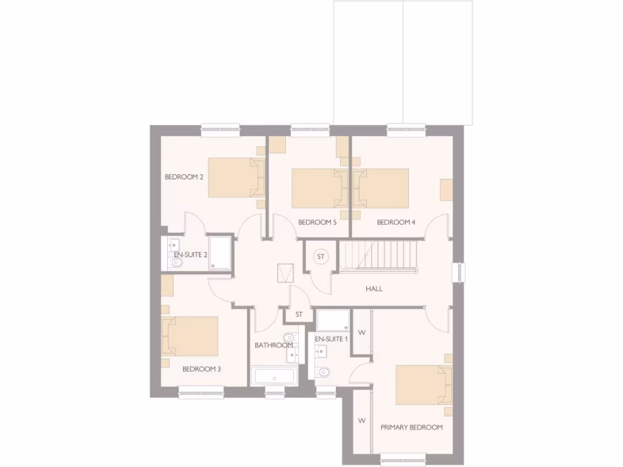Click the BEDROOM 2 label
pos(184,177)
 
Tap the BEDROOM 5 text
pos(317,223)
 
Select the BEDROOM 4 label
pos(396,223)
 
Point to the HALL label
pos(374,289)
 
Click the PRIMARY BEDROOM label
pos(411,427)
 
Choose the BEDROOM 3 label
pos(201,369)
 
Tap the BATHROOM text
pos(273,345)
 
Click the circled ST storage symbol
pos(321,257)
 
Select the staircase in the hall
pos(379,254)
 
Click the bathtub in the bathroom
pos(274,376)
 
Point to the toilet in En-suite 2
pos(176,263)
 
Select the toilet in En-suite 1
pos(323,372)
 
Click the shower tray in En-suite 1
pos(333,320)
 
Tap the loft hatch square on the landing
pos(285,274)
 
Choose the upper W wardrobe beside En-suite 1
pos(361,332)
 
